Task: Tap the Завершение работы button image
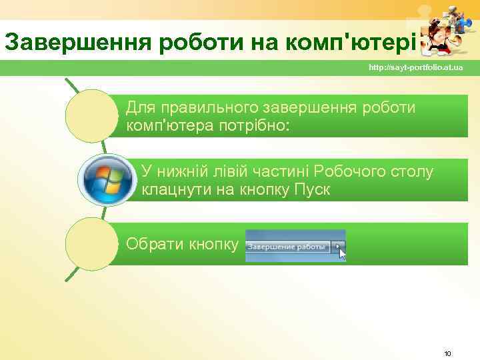(x=288, y=247)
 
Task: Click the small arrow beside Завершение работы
(x=339, y=247)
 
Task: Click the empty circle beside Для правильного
(x=92, y=116)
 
